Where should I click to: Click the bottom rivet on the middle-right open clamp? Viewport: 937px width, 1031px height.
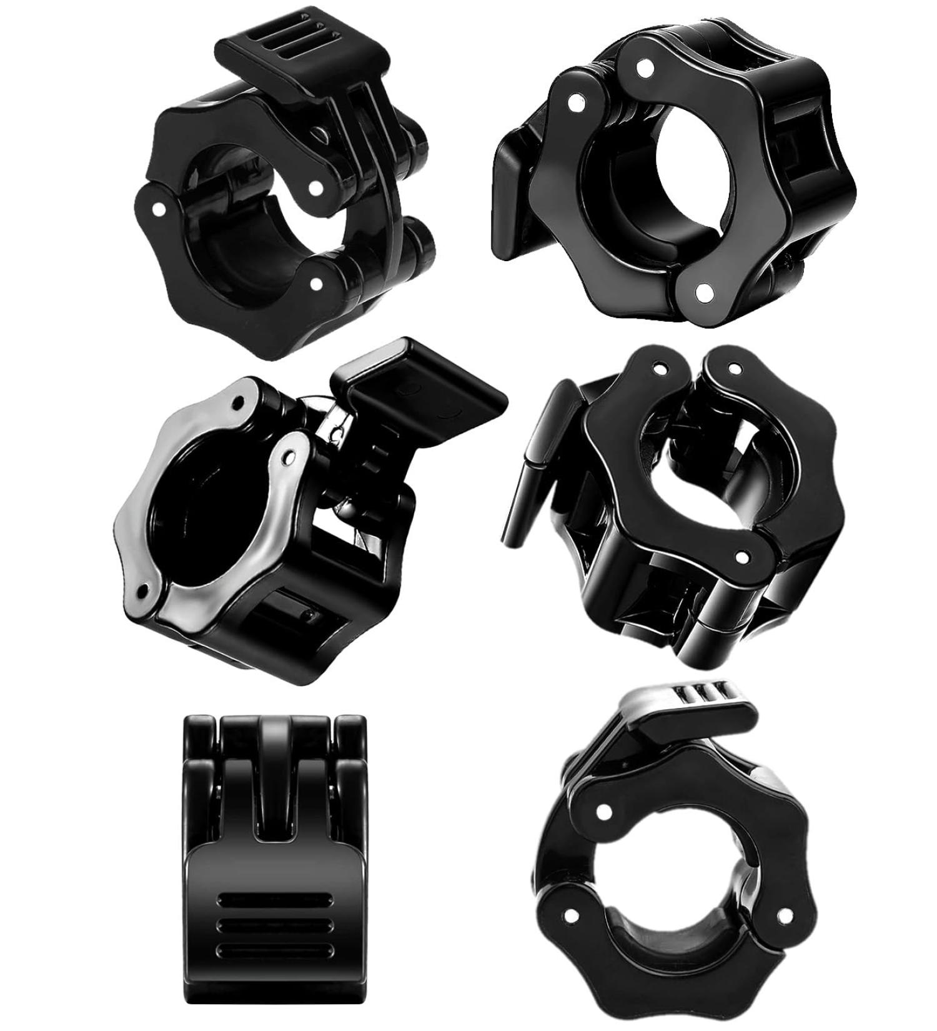coord(742,555)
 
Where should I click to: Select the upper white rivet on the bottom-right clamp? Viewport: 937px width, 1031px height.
coord(603,811)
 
